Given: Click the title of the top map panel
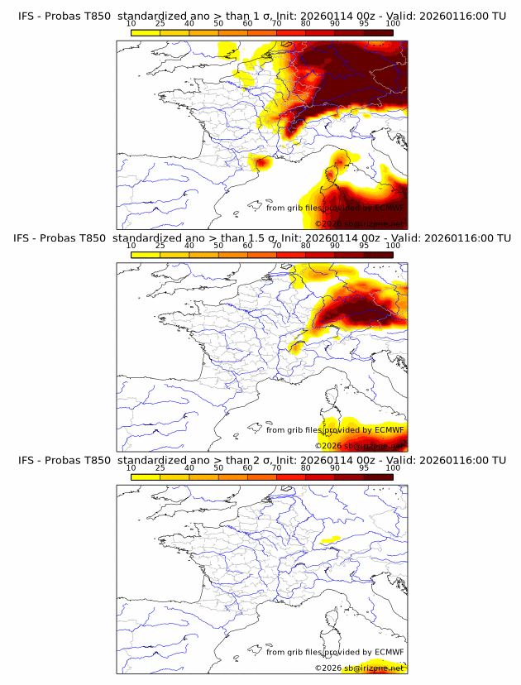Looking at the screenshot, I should (260, 16).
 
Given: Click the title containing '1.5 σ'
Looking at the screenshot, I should (260, 238).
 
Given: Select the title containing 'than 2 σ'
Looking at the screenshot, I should (260, 461).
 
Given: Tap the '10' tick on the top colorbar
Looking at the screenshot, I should (131, 23).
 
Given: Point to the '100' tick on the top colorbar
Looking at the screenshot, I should (393, 23).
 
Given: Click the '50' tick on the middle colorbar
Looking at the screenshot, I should (218, 246).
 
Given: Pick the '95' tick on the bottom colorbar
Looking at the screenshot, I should (364, 468).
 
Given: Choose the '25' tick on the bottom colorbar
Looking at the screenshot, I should (160, 468).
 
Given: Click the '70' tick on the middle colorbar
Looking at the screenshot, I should (276, 246).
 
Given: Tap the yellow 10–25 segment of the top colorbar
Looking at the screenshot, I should (145, 32).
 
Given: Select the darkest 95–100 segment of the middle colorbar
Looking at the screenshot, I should (378, 255).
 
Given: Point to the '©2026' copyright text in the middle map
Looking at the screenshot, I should (330, 445).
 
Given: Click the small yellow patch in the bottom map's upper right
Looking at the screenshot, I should (330, 539).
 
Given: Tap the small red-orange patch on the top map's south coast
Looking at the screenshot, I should (261, 163).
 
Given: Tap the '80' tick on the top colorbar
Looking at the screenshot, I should (305, 23).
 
